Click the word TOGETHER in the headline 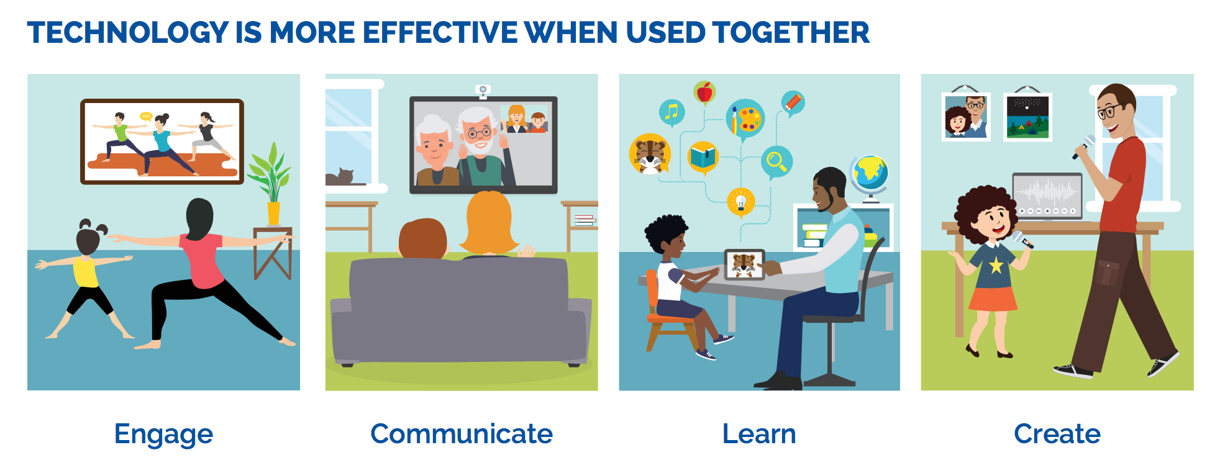pyautogui.click(x=791, y=32)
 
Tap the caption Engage pyautogui.click(x=163, y=434)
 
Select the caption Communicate pyautogui.click(x=462, y=433)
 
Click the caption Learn pyautogui.click(x=759, y=433)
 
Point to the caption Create pyautogui.click(x=1057, y=433)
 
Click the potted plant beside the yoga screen pyautogui.click(x=271, y=183)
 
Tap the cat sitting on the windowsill pyautogui.click(x=340, y=177)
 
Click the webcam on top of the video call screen pyautogui.click(x=483, y=91)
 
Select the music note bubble pyautogui.click(x=672, y=112)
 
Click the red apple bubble pyautogui.click(x=704, y=93)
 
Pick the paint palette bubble pyautogui.click(x=745, y=119)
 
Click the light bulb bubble pyautogui.click(x=740, y=201)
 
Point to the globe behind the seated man pyautogui.click(x=870, y=176)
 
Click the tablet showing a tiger pyautogui.click(x=744, y=264)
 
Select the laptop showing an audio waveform pyautogui.click(x=1047, y=195)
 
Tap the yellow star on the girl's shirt pyautogui.click(x=996, y=266)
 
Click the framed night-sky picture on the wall pyautogui.click(x=1027, y=117)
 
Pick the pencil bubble pyautogui.click(x=792, y=103)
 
